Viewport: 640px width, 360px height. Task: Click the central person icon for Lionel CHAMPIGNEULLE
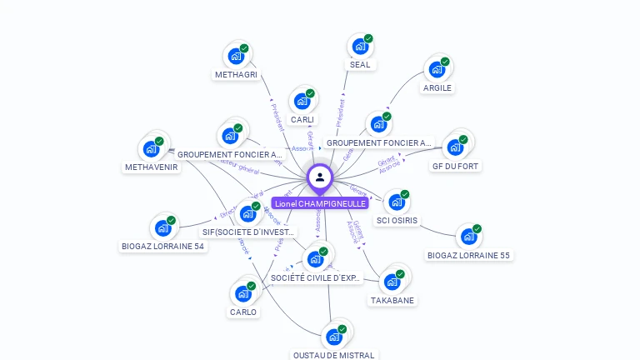320,177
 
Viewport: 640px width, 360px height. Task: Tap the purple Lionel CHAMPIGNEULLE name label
320,203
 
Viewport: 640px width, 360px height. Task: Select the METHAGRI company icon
236,57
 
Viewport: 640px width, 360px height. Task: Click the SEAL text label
360,64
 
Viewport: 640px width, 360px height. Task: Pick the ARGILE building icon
436,70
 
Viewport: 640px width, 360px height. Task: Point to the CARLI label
302,119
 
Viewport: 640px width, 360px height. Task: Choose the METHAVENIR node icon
151,149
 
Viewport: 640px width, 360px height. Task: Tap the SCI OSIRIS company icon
396,202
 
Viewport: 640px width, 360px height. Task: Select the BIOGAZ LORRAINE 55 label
468,255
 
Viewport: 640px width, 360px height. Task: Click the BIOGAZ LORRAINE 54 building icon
162,228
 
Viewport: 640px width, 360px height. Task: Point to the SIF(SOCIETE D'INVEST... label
249,232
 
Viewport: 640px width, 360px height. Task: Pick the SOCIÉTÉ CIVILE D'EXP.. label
316,277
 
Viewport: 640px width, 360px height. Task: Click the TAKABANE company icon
392,282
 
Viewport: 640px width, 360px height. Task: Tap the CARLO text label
243,312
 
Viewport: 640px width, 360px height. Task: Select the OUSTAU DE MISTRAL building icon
333,337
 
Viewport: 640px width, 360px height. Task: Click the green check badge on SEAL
368,38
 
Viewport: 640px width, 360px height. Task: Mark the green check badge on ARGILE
445,62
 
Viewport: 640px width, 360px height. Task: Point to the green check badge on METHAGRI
244,48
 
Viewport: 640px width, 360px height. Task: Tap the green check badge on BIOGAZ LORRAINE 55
477,228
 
